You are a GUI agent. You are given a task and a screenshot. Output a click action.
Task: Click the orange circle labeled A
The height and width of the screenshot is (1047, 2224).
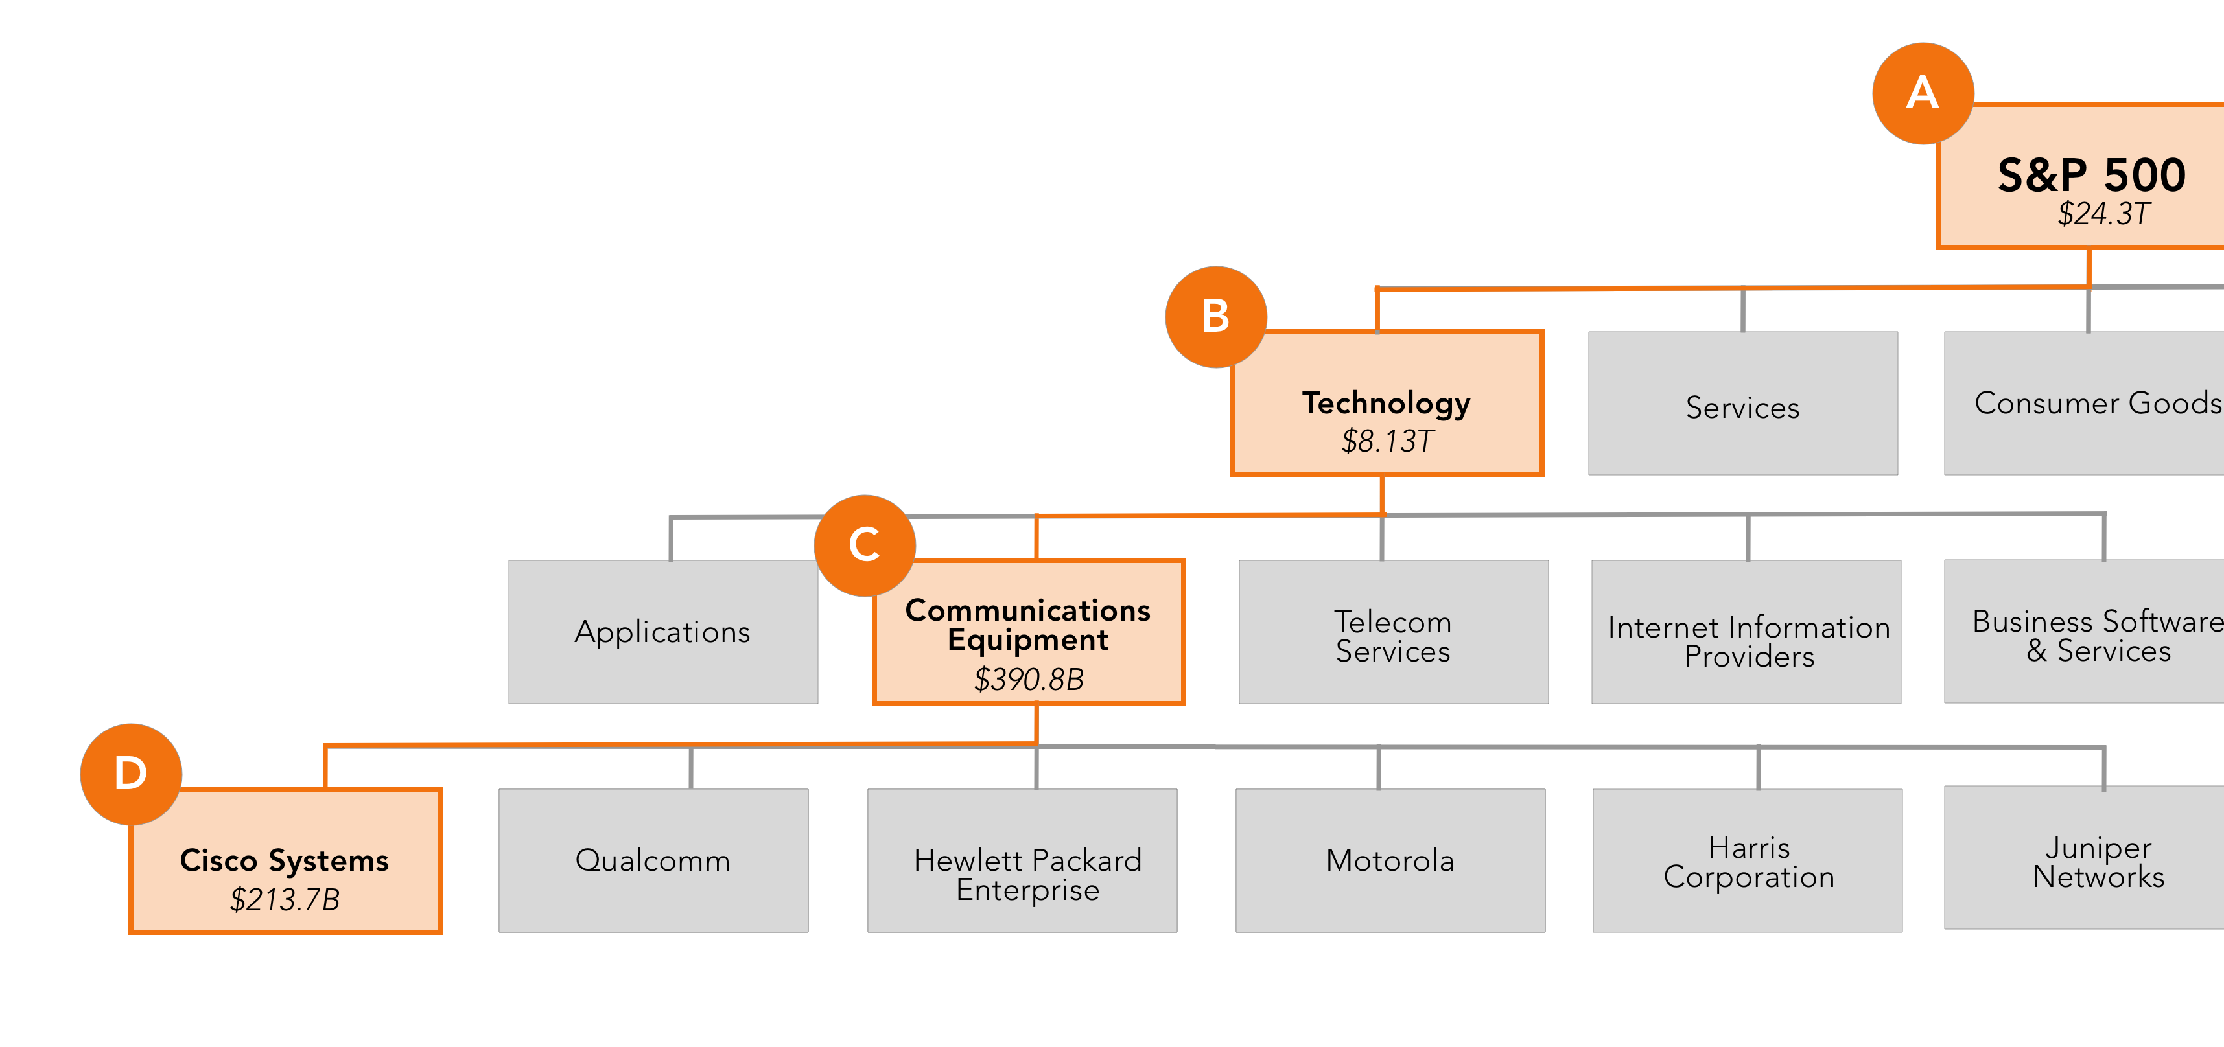pos(1922,93)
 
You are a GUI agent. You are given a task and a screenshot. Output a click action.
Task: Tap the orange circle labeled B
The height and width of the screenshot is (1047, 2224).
pos(1215,317)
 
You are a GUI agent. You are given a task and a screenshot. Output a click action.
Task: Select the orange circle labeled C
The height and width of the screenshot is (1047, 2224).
pos(864,545)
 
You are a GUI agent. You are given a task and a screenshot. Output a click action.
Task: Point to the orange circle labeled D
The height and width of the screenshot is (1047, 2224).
pos(130,774)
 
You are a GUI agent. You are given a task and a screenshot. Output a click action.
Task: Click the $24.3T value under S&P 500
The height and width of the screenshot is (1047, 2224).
pos(2103,214)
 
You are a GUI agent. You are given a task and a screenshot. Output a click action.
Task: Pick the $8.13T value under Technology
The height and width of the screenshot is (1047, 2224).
pos(1387,442)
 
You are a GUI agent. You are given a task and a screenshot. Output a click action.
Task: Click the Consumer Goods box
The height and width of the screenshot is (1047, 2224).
pos(2089,404)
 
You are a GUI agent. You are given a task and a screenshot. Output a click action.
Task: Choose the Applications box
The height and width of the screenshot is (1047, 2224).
pos(662,632)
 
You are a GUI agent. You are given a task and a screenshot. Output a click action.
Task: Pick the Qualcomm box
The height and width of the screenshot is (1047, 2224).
pos(653,860)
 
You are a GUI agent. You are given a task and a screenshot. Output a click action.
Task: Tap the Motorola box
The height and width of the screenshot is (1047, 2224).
pos(1390,860)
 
